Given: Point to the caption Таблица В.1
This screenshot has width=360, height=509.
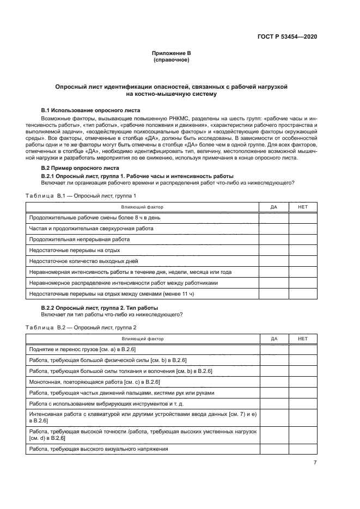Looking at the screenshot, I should [x=81, y=195].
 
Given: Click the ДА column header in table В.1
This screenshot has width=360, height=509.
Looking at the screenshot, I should [x=273, y=207].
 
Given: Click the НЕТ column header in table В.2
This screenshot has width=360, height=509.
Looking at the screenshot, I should [x=303, y=339].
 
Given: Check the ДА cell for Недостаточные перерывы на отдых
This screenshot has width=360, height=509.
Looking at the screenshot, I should [x=273, y=250].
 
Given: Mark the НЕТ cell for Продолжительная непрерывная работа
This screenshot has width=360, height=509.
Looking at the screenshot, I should [x=303, y=240].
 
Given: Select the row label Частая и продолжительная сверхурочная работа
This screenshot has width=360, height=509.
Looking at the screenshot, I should [x=91, y=229].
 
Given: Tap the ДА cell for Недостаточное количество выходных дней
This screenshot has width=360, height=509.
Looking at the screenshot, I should [x=273, y=261].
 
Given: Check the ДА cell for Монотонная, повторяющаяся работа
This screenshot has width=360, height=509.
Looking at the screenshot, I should [x=273, y=382].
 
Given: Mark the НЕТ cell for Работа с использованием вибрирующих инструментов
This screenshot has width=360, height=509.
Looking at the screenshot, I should [x=303, y=404].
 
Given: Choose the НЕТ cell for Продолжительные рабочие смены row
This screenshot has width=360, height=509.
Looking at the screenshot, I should [x=303, y=218].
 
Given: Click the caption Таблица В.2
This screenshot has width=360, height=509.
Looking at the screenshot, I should [x=81, y=327].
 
